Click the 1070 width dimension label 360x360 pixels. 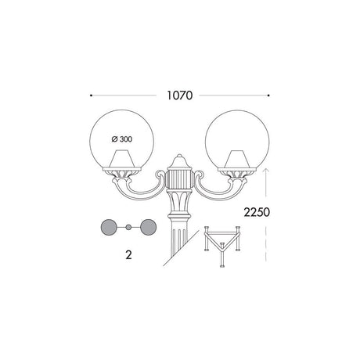pyautogui.click(x=180, y=95)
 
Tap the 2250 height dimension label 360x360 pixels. pyautogui.click(x=257, y=212)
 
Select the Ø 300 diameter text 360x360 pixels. pyautogui.click(x=122, y=139)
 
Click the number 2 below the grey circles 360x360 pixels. pyautogui.click(x=128, y=254)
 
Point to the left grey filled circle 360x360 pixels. pyautogui.click(x=109, y=227)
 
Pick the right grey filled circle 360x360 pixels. pyautogui.click(x=149, y=227)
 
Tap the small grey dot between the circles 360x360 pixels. pyautogui.click(x=128, y=227)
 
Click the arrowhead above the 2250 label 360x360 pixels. pyautogui.click(x=265, y=171)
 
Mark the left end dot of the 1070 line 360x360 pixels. pyautogui.click(x=91, y=95)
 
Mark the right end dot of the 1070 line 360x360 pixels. pyautogui.click(x=268, y=95)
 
